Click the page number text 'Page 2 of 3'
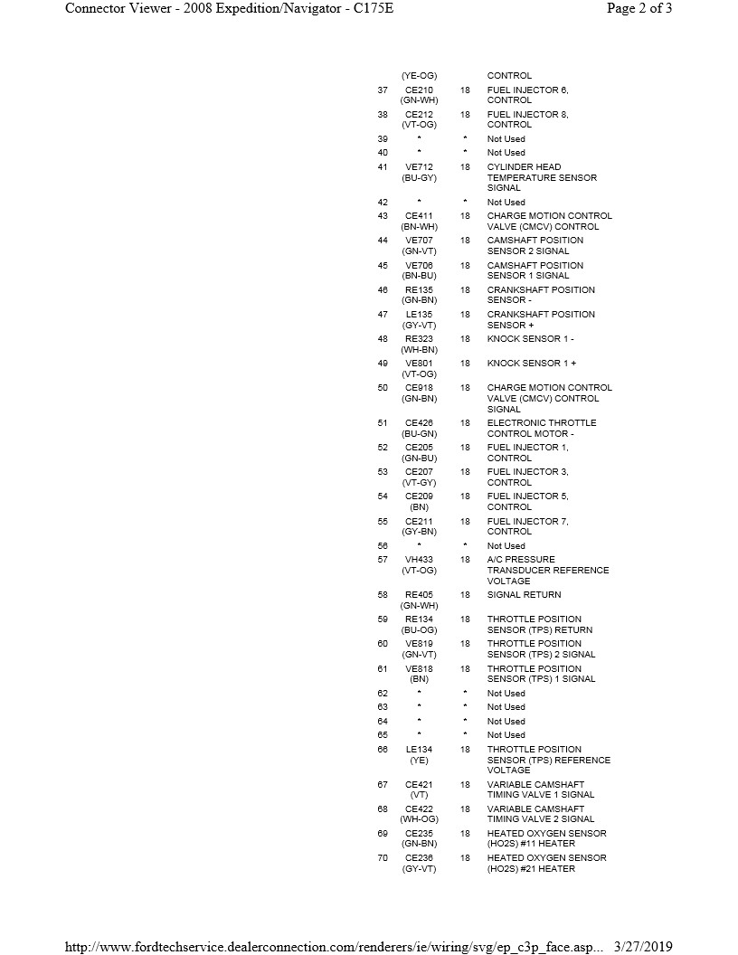639,9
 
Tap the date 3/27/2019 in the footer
643,946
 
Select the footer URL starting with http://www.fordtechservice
336,946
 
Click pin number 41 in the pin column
383,167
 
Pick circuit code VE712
419,167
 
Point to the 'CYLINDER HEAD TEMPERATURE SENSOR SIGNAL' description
542,177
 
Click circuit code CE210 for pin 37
419,90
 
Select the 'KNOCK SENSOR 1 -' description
530,339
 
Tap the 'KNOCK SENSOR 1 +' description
531,364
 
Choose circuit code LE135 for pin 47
419,315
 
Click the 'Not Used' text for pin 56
506,546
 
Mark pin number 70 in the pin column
383,858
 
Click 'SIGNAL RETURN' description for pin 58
524,595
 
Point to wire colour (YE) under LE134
419,761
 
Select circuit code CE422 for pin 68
419,809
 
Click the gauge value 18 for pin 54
465,496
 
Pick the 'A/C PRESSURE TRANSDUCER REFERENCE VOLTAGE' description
548,571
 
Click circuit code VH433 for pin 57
419,560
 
